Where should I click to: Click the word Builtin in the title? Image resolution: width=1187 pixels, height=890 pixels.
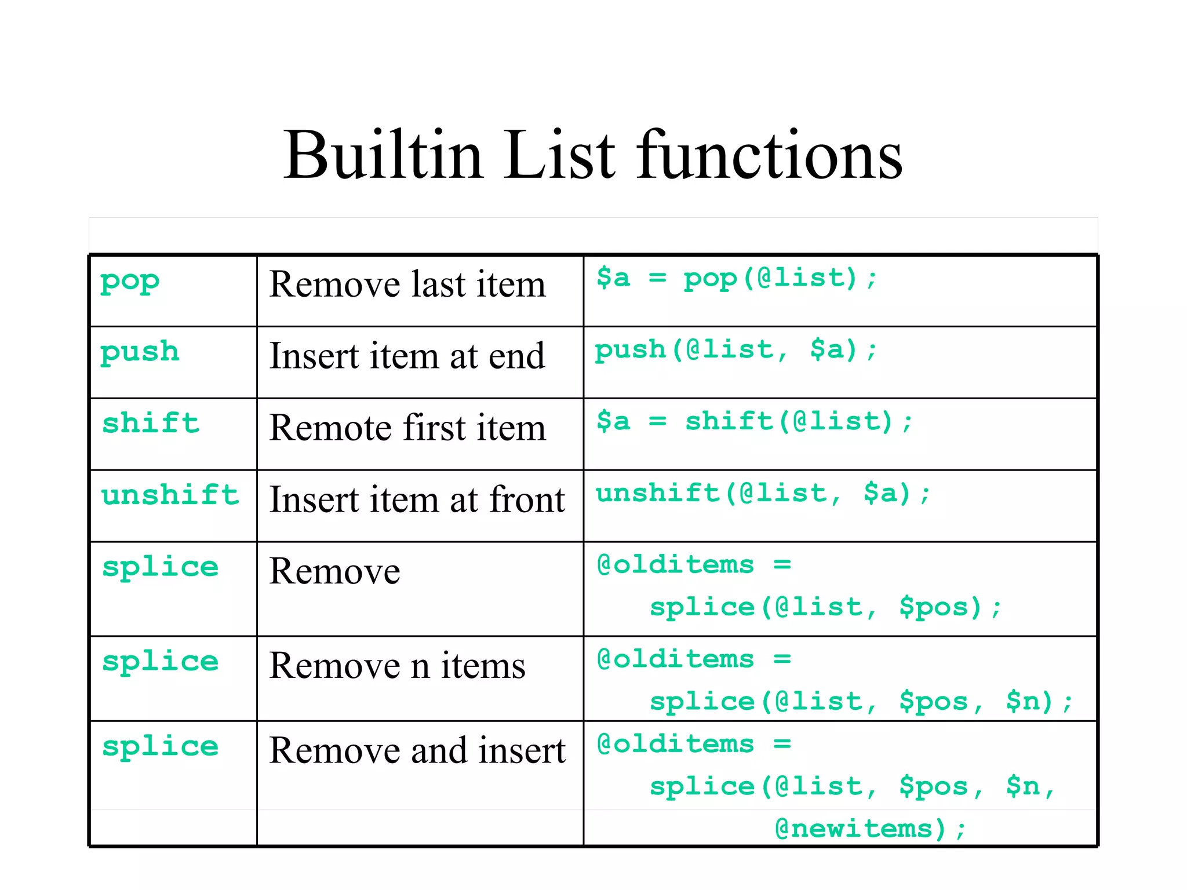pyautogui.click(x=383, y=155)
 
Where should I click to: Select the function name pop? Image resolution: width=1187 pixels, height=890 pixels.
pyautogui.click(x=130, y=282)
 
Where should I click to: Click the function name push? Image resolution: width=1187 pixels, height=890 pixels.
pyautogui.click(x=140, y=352)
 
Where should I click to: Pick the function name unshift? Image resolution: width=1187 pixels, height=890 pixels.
pyautogui.click(x=170, y=495)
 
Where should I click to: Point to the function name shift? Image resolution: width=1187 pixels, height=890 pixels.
pyautogui.click(x=151, y=423)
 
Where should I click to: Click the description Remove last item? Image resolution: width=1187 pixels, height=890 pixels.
pyautogui.click(x=407, y=284)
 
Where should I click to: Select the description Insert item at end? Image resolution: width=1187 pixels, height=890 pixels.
pyautogui.click(x=407, y=356)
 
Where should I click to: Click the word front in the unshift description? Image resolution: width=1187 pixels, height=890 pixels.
pyautogui.click(x=527, y=499)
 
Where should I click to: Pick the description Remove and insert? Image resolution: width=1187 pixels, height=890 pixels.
pyautogui.click(x=417, y=750)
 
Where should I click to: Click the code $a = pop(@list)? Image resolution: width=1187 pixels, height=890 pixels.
pyautogui.click(x=737, y=278)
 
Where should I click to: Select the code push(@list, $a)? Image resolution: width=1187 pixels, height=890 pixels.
pyautogui.click(x=736, y=350)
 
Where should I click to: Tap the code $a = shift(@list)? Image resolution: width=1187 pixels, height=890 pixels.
pyautogui.click(x=755, y=421)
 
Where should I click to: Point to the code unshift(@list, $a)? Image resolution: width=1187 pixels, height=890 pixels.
pyautogui.click(x=763, y=494)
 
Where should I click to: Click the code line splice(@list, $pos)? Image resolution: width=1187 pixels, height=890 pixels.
pyautogui.click(x=825, y=607)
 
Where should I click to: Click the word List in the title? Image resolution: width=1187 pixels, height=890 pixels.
pyautogui.click(x=559, y=155)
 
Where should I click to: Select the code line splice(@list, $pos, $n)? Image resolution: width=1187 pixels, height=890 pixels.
pyautogui.click(x=861, y=702)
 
